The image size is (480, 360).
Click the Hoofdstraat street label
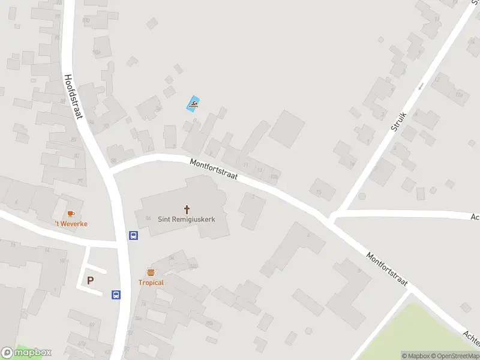[x=73, y=96]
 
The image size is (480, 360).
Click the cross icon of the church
[x=187, y=209]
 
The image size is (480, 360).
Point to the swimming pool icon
[x=193, y=104]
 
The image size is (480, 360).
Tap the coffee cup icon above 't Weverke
[x=71, y=214]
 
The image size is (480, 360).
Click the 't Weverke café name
[x=71, y=224]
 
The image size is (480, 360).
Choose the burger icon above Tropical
[x=151, y=272]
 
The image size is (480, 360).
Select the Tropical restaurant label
[x=151, y=283]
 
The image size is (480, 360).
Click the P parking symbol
[x=91, y=280]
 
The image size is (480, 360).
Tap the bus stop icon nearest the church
[x=133, y=236]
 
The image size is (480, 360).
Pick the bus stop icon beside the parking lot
[x=116, y=295]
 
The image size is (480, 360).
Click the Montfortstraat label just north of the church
[x=214, y=170]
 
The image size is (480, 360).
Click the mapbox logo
[x=26, y=353]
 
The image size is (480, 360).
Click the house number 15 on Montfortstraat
[x=319, y=192]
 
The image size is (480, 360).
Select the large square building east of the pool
[x=287, y=128]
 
